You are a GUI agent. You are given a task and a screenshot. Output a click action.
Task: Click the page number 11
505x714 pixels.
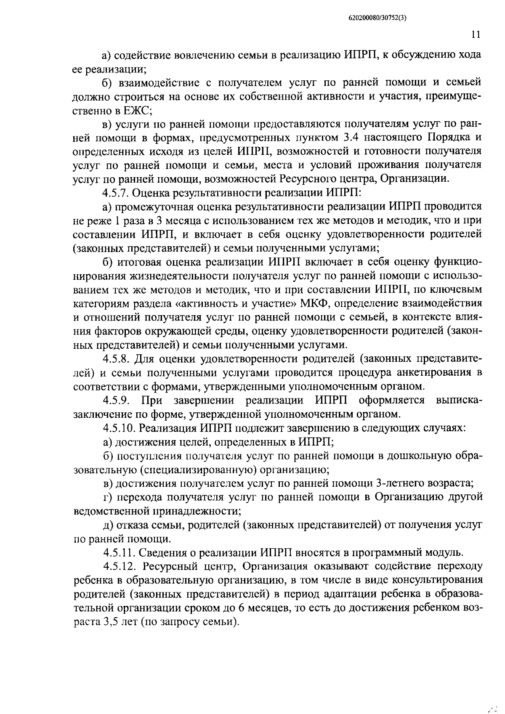tap(476, 35)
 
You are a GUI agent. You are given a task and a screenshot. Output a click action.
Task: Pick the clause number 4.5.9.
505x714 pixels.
tap(116, 400)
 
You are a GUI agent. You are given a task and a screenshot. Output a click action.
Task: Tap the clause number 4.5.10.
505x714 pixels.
tap(118, 428)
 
